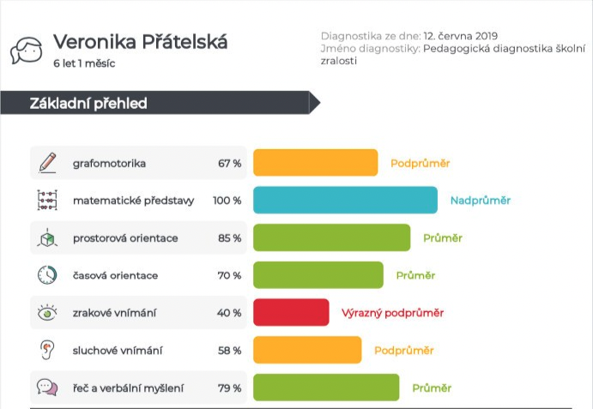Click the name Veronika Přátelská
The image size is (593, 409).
point(141,42)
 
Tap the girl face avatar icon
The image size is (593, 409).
point(27,51)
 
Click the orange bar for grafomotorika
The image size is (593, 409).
point(315,163)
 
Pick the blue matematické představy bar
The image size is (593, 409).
point(345,201)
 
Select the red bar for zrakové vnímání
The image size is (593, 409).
point(291,312)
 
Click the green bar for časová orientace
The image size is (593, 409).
point(318,275)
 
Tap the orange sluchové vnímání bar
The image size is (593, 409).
point(307,350)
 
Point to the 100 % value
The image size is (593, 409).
point(227,201)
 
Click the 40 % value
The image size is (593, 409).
point(228,313)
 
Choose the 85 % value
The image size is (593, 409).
point(229,238)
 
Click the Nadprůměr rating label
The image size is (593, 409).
point(480,201)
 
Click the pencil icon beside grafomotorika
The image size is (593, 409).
point(47,162)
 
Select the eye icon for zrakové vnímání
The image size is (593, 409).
point(47,313)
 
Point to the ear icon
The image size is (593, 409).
point(47,350)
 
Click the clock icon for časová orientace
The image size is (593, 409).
point(47,275)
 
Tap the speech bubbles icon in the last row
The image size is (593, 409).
point(47,388)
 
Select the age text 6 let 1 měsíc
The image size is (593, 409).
point(84,63)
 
